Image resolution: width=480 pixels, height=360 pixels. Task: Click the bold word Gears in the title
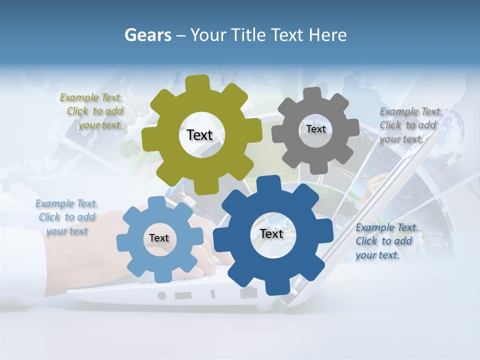(x=148, y=35)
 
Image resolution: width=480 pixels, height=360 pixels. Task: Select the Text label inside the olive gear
(x=199, y=135)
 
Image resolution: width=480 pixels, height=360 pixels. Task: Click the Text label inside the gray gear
(x=315, y=129)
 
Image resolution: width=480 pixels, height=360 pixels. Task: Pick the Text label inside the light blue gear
(x=158, y=238)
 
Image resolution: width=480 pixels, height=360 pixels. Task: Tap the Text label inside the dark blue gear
(x=271, y=233)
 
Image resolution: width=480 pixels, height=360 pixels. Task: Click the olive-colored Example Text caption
(x=92, y=111)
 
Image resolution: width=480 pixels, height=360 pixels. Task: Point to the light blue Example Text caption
(x=66, y=217)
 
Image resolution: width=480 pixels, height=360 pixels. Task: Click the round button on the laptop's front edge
(x=162, y=295)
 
